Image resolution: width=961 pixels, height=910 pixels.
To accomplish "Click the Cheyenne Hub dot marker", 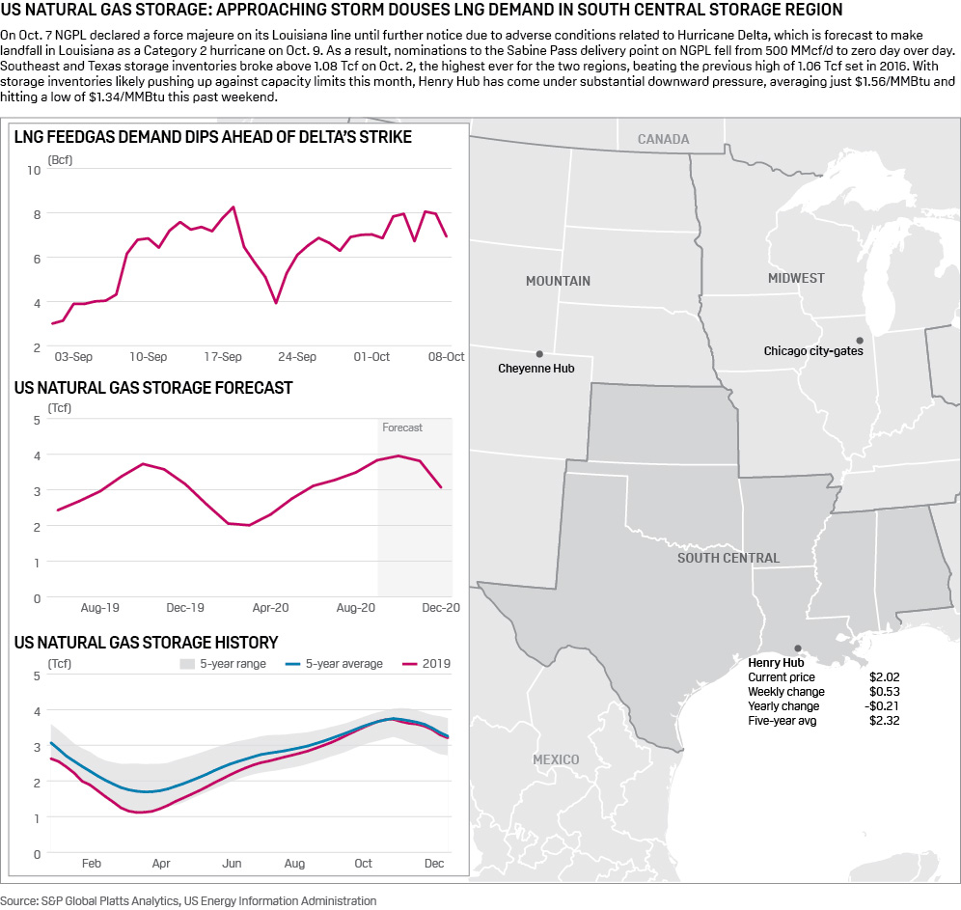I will (x=539, y=354).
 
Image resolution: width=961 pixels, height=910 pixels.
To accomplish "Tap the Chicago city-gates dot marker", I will (x=859, y=340).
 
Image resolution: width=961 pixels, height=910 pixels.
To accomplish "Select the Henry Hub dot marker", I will (x=797, y=648).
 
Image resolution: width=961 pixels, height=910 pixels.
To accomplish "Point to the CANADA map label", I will (x=663, y=139).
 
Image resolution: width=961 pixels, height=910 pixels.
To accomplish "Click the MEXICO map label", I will (x=556, y=759).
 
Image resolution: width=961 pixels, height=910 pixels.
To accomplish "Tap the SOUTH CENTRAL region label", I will (x=728, y=558).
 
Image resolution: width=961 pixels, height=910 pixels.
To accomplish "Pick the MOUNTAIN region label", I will (x=558, y=281).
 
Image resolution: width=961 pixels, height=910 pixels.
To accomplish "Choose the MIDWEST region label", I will (x=796, y=278).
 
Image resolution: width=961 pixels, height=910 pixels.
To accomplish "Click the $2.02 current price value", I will (x=884, y=677).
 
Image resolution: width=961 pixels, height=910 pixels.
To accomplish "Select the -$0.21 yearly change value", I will (x=883, y=706).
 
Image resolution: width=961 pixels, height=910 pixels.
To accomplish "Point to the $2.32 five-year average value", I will (x=884, y=721).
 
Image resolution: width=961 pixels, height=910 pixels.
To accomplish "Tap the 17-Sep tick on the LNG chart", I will (x=223, y=357).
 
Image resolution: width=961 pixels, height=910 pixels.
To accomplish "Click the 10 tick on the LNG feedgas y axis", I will (x=35, y=171).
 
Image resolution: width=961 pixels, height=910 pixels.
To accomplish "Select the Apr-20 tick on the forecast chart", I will (x=270, y=608).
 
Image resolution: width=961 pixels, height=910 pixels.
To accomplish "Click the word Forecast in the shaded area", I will (x=402, y=427).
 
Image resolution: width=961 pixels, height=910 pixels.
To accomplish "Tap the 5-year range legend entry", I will (x=224, y=664).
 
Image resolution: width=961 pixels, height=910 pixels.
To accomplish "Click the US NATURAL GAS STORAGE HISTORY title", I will (x=147, y=642).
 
